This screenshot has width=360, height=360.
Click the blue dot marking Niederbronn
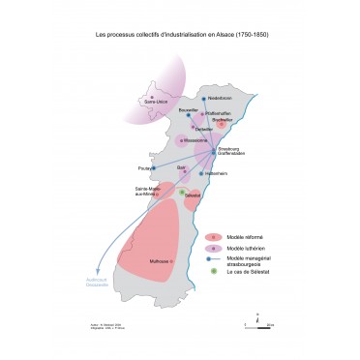click(204, 99)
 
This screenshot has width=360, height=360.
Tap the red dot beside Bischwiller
click(222, 125)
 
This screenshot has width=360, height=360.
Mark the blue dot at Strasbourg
click(215, 150)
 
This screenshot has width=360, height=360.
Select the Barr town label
click(181, 166)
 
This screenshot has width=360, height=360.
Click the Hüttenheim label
click(216, 174)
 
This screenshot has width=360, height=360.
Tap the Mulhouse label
click(161, 260)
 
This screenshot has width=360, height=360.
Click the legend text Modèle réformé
click(243, 236)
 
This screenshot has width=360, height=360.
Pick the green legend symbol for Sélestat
click(213, 270)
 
